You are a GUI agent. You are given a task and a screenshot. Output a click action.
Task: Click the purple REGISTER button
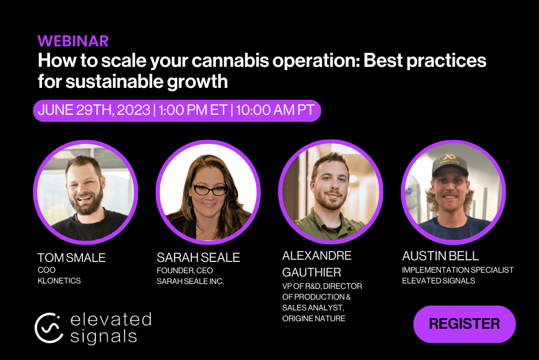[x=465, y=324]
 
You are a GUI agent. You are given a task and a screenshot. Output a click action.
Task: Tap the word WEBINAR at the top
[x=73, y=41]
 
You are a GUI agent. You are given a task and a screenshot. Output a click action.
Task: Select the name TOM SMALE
[x=72, y=258]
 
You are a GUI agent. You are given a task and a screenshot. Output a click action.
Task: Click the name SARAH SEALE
[x=198, y=258]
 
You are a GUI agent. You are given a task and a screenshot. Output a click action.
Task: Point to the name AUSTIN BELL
[x=440, y=256]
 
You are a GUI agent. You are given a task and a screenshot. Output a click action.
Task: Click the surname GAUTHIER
[x=312, y=272]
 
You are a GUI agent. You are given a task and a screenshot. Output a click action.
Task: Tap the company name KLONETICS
[x=59, y=281]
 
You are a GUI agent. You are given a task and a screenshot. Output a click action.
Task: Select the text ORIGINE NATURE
[x=314, y=319]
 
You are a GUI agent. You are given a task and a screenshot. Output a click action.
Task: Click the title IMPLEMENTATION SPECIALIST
[x=458, y=270]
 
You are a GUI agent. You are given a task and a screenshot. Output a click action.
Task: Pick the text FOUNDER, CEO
[x=184, y=271]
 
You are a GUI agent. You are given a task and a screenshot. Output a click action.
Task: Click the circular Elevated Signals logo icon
[x=49, y=328]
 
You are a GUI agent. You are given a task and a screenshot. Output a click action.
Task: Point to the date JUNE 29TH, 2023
[x=94, y=110]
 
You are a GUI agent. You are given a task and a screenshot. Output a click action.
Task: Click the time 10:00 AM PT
[x=275, y=110]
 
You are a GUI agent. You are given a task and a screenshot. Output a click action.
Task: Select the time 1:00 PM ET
[x=193, y=110]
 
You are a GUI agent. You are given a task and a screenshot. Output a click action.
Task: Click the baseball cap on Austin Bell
[x=451, y=165]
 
